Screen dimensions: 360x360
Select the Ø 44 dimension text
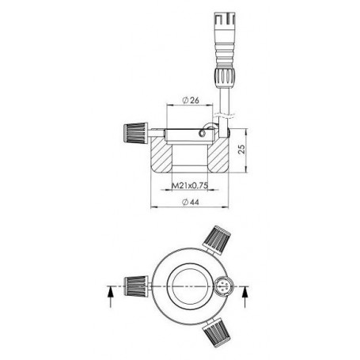[x=190, y=203]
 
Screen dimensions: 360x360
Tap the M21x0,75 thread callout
[x=189, y=187]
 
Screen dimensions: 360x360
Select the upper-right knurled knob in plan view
[x=216, y=235]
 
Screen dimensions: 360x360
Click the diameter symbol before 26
[x=184, y=100]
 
